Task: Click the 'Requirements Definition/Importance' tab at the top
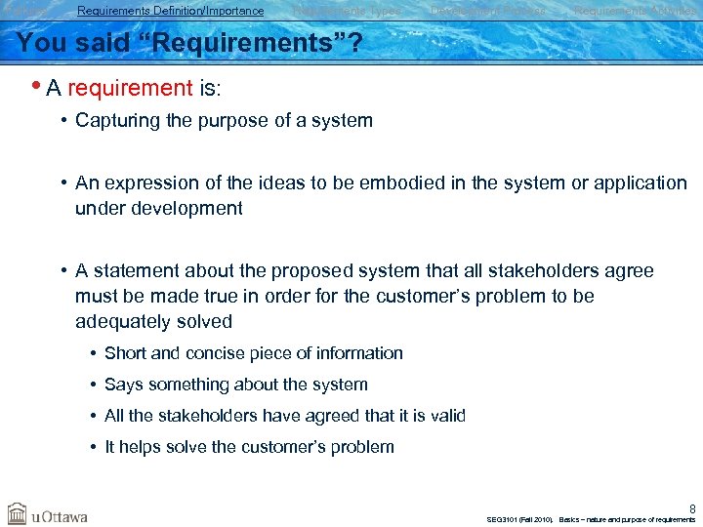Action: [x=170, y=11]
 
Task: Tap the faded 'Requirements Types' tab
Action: [x=347, y=11]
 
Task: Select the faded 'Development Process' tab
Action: [x=487, y=11]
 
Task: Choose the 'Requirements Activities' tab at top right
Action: [x=635, y=11]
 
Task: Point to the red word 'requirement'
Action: [x=130, y=89]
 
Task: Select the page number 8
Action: [x=692, y=507]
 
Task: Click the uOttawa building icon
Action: [x=17, y=513]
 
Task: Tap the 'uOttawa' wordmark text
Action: [x=60, y=515]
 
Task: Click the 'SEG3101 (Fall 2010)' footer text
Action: [x=518, y=519]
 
